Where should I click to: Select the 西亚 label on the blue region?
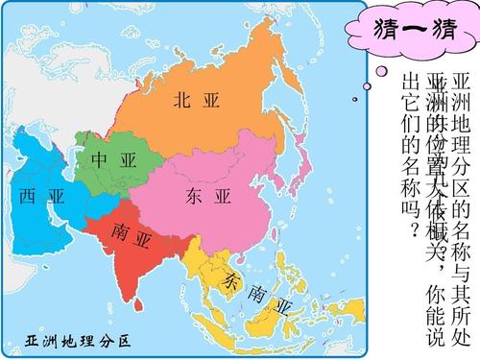[x=40, y=197]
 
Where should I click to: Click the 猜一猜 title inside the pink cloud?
[x=409, y=31]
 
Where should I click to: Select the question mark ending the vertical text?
[x=413, y=231]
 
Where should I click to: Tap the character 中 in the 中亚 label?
[x=99, y=161]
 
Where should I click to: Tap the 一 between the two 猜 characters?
[x=408, y=31]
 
